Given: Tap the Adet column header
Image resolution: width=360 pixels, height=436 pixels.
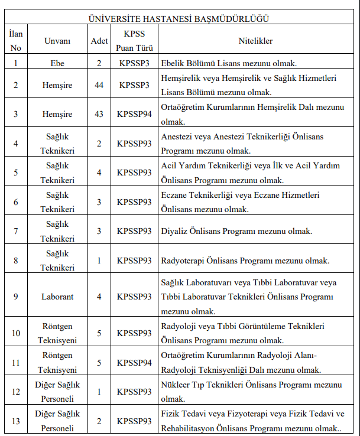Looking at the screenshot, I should (x=99, y=41).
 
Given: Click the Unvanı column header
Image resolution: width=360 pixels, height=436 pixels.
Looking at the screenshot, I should (x=57, y=41).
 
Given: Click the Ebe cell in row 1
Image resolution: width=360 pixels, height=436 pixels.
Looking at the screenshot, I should (x=57, y=63).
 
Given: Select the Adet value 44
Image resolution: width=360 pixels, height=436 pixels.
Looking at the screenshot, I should (x=99, y=85).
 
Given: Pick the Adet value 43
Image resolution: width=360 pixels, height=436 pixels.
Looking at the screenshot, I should (x=99, y=115).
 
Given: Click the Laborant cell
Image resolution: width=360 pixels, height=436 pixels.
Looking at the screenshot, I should (x=57, y=297).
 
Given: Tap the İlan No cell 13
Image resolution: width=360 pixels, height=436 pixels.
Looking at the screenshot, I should (x=16, y=421).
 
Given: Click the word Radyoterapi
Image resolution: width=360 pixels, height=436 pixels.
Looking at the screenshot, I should (x=183, y=260).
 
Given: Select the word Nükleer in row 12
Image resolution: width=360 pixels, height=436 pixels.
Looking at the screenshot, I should (x=176, y=385).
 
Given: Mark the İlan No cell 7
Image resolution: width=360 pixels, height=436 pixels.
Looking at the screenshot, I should (x=16, y=231).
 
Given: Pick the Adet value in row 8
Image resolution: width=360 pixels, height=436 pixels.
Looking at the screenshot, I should (x=99, y=260).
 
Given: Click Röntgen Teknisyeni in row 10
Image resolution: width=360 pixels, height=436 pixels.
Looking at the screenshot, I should (x=57, y=333).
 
